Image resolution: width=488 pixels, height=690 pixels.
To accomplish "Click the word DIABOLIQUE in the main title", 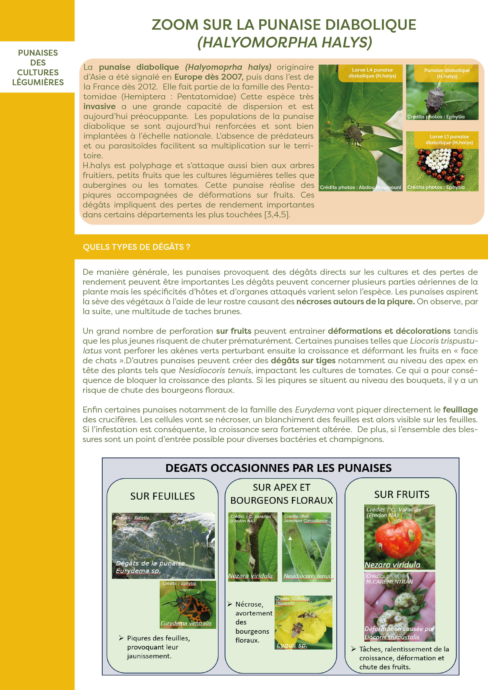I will [x=371, y=25].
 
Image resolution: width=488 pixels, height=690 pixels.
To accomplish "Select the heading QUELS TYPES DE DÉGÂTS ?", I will [x=137, y=247].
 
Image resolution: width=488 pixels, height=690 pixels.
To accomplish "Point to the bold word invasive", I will [x=100, y=106].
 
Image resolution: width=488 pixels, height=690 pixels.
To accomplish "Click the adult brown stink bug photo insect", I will [x=434, y=99].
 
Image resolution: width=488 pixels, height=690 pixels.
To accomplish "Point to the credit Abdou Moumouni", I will [x=380, y=187].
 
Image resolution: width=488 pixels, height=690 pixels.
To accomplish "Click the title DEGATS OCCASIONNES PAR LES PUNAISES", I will [x=278, y=468].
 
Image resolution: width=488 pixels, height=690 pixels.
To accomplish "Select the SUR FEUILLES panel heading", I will [x=162, y=496].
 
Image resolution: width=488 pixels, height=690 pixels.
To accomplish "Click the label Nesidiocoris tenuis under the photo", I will [x=308, y=576].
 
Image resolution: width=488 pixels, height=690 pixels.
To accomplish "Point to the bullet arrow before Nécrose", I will [x=230, y=604].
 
